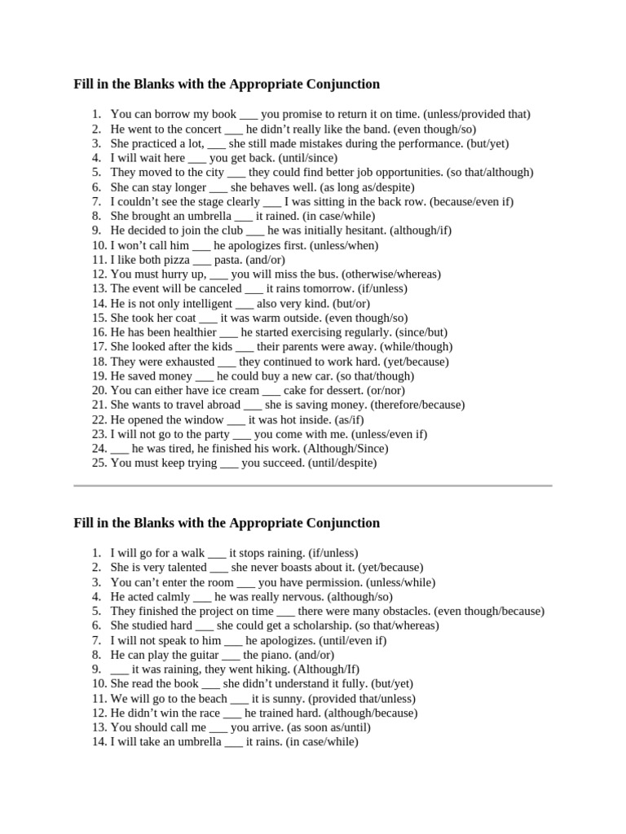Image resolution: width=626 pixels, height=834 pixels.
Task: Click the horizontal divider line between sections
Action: click(x=313, y=485)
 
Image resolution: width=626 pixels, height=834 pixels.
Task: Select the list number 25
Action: click(x=99, y=463)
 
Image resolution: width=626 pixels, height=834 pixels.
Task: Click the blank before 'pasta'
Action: click(x=202, y=260)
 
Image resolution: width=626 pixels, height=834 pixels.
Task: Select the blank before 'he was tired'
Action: click(x=120, y=449)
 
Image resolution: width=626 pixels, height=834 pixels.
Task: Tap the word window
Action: click(x=204, y=419)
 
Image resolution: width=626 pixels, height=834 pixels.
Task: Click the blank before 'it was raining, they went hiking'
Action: click(x=120, y=669)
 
